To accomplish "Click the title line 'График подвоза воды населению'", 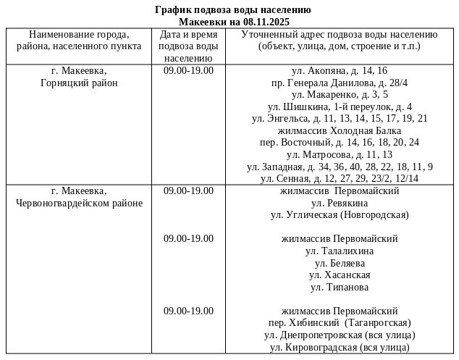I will (233, 10).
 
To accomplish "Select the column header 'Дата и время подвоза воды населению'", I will (188, 46).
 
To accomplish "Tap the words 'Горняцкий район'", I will (79, 83).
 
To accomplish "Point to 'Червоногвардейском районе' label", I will (79, 203).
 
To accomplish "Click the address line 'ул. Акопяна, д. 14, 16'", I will (340, 71).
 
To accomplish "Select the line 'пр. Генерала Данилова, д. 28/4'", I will (340, 83).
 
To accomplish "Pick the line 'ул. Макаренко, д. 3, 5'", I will (340, 94).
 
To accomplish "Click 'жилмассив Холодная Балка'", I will (340, 130).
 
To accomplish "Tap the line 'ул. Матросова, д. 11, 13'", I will (340, 154).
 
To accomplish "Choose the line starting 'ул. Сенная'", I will (340, 178).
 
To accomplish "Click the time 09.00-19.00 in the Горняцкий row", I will (188, 71).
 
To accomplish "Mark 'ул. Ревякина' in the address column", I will (340, 203).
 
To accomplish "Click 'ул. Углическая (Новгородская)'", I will (340, 214).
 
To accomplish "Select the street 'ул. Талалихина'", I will (340, 251).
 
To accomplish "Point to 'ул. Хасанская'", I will (340, 275).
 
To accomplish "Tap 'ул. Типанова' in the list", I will (340, 287).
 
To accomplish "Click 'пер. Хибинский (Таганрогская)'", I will (340, 323).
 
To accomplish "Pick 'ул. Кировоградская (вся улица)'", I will (340, 347).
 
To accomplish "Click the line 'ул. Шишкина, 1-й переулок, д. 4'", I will (340, 106).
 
